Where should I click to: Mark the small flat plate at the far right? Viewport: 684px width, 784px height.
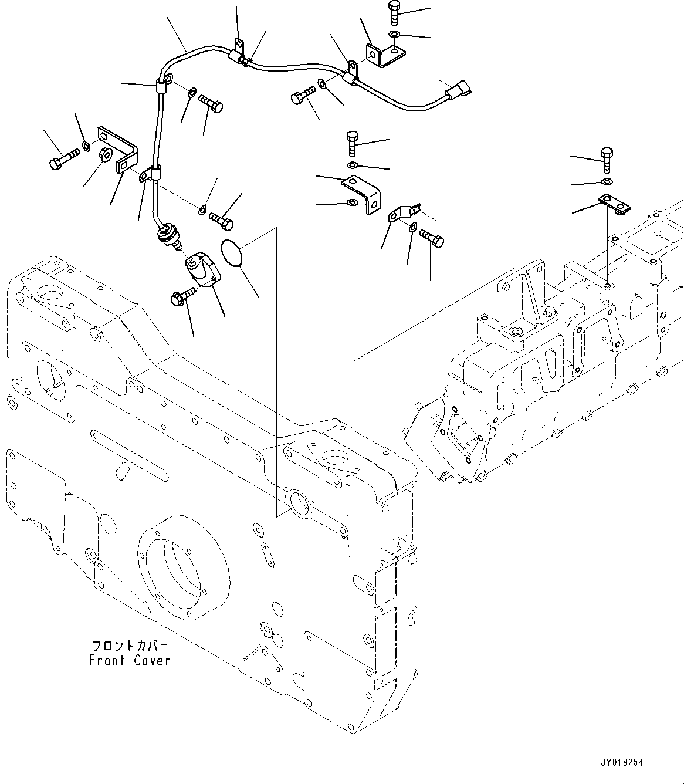(614, 204)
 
